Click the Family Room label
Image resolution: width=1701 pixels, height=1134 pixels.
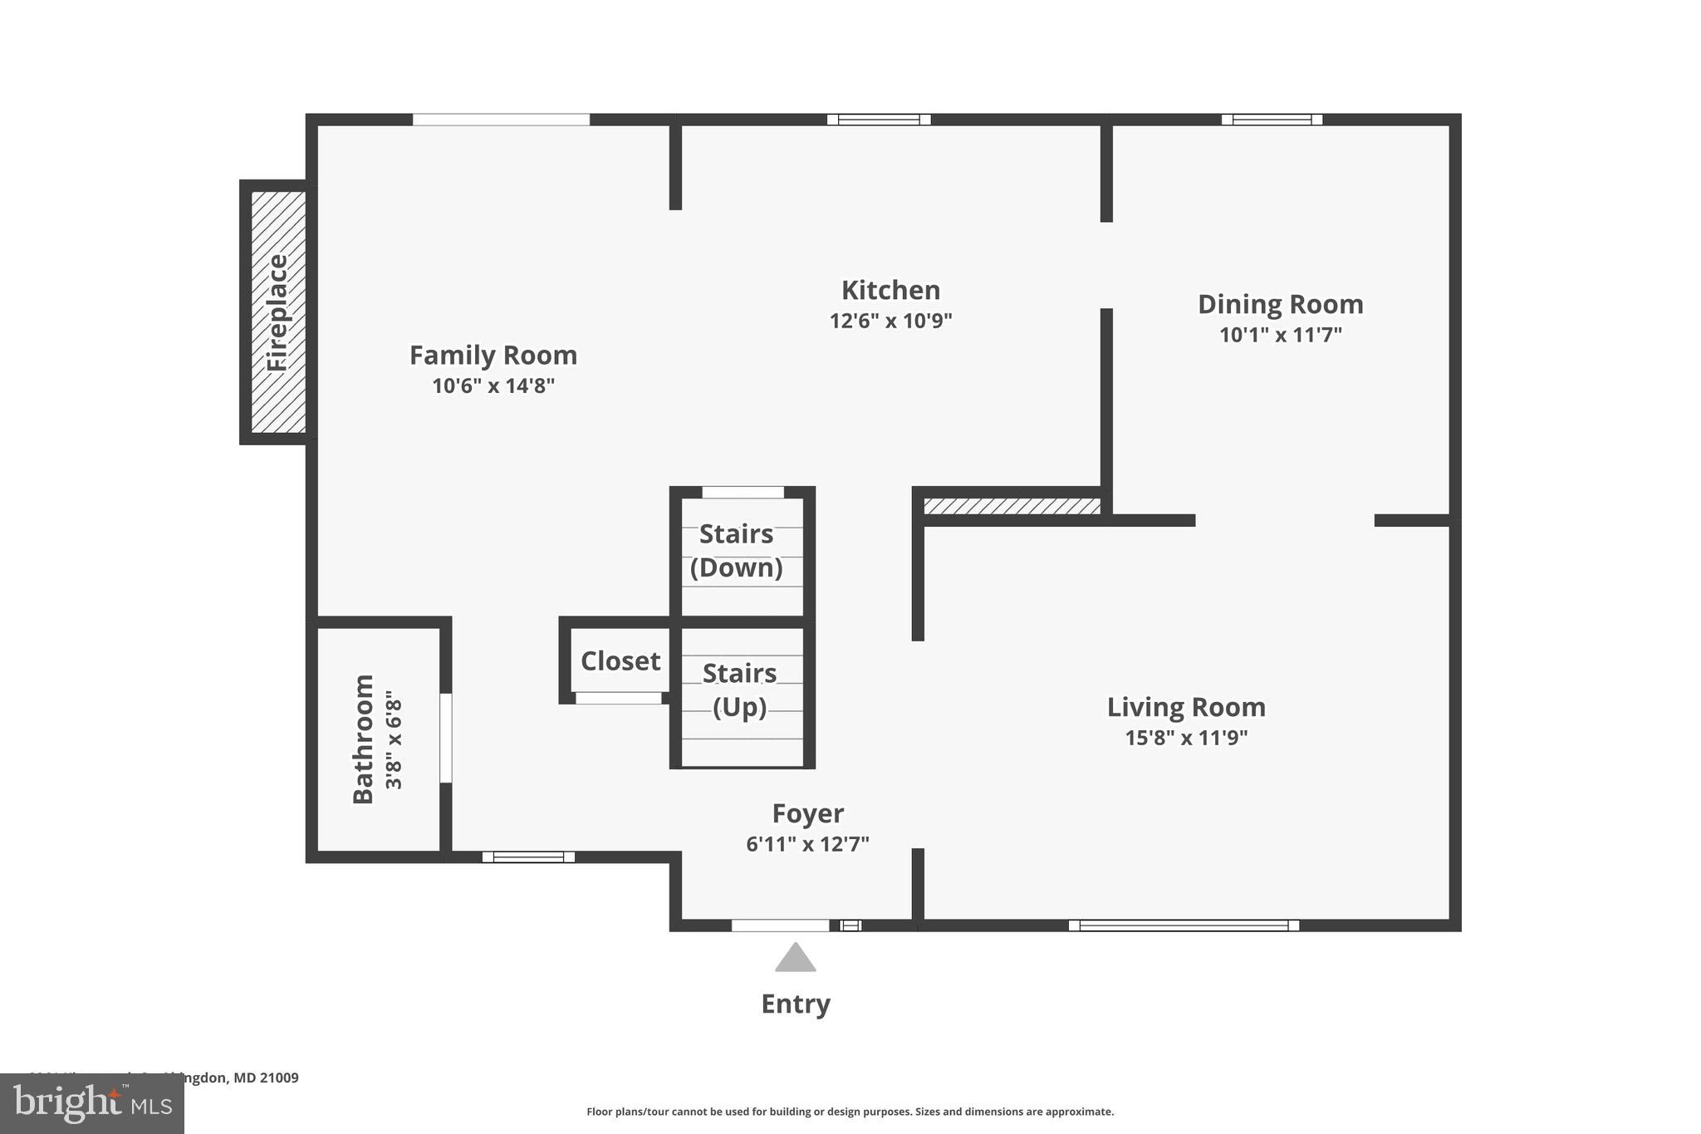point(493,356)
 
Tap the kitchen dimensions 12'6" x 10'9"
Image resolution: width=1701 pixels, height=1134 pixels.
point(890,321)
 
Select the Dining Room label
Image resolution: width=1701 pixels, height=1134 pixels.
point(1280,304)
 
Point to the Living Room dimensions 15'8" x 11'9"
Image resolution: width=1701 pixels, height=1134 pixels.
point(1186,738)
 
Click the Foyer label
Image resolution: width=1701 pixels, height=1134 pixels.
point(807,812)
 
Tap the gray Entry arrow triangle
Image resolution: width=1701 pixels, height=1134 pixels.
point(796,959)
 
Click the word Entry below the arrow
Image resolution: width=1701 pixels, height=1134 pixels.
point(796,1004)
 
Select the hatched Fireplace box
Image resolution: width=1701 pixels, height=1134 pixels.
point(278,312)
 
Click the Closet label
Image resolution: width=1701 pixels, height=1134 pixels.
point(620,661)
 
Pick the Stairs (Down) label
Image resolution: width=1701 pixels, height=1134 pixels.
point(737,551)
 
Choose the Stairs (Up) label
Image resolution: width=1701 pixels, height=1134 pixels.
point(739,690)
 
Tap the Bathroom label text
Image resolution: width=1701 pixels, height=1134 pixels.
point(363,739)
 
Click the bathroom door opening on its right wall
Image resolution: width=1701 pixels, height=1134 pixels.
point(446,738)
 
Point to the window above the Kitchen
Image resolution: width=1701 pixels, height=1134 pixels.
point(879,120)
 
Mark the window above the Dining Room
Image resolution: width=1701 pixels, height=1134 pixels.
point(1272,120)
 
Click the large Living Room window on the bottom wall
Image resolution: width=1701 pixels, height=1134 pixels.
point(1184,925)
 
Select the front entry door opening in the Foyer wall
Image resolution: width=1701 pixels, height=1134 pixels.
point(780,925)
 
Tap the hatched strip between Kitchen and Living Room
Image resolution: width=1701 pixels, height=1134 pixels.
point(1012,506)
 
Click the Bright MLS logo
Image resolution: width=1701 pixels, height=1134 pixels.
point(92,1103)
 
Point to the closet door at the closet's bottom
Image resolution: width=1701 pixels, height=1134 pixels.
point(619,699)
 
